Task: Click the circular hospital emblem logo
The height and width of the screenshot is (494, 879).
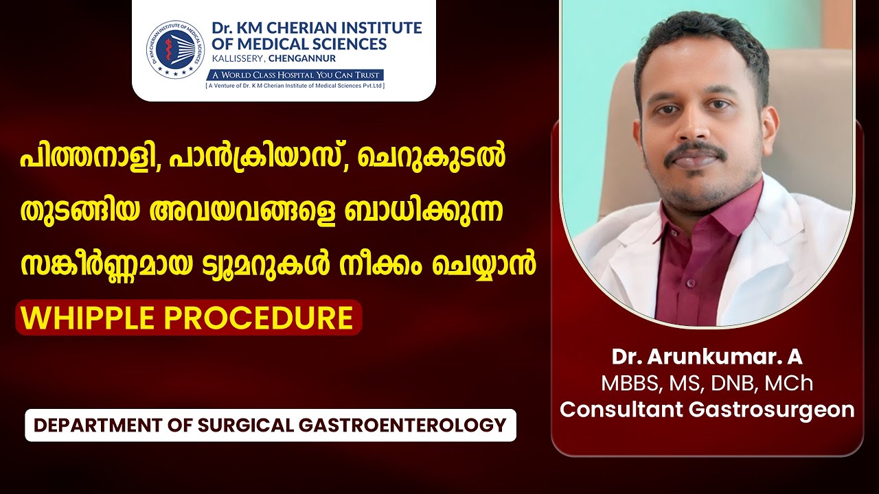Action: (x=176, y=49)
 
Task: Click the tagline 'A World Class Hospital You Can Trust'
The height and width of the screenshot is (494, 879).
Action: (x=295, y=75)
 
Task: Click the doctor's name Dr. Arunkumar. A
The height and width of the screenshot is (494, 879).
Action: (x=707, y=357)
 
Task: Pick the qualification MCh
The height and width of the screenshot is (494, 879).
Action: (x=789, y=384)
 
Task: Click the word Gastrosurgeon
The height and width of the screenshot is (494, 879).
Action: (x=771, y=410)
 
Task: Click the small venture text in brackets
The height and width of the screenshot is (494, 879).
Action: (x=295, y=86)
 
